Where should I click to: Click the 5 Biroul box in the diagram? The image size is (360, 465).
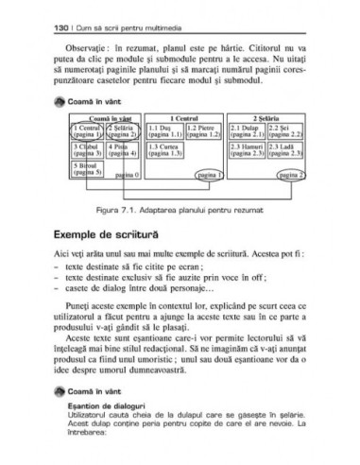pos(87,169)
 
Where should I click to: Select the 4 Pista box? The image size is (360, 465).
pos(125,150)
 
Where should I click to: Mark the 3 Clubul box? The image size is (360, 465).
pos(87,150)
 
